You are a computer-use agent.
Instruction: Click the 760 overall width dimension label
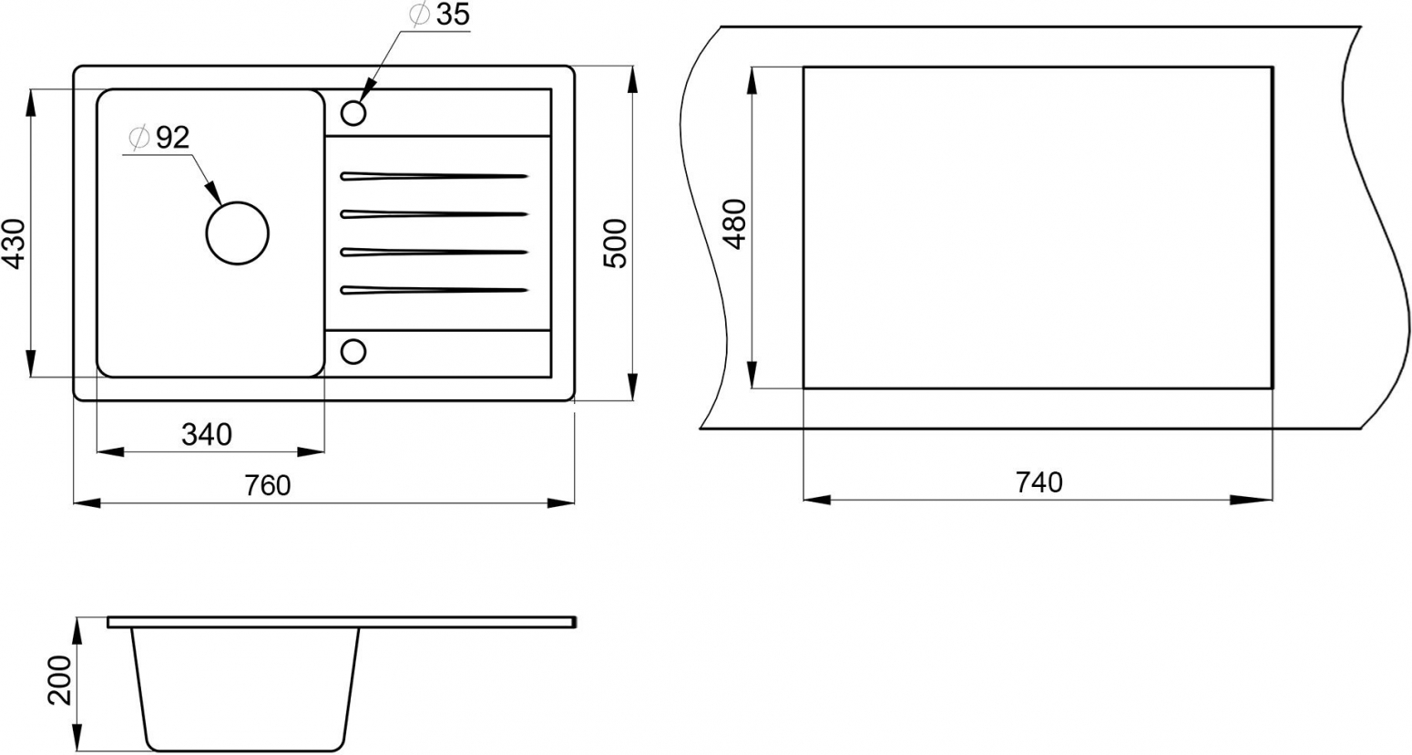coord(267,486)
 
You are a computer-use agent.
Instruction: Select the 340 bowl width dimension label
coord(207,435)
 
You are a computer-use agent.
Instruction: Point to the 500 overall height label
coord(615,243)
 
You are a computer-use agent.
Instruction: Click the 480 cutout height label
coord(734,224)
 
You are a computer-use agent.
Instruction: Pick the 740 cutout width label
coord(1039,482)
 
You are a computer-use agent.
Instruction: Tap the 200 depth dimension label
coord(60,680)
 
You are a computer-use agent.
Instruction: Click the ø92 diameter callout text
coord(158,138)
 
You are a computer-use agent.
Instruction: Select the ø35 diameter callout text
coord(439,16)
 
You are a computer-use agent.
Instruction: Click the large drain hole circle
coord(238,202)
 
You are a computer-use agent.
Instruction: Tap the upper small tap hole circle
coord(353,101)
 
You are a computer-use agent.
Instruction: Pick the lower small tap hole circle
coord(353,339)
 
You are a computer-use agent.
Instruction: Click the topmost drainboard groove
coord(435,176)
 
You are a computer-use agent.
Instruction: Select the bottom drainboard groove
coord(435,290)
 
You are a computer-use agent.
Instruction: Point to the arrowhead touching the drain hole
coord(214,192)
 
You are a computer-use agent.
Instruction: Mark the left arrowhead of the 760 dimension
coord(87,502)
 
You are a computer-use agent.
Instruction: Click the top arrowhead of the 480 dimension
coord(752,81)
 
